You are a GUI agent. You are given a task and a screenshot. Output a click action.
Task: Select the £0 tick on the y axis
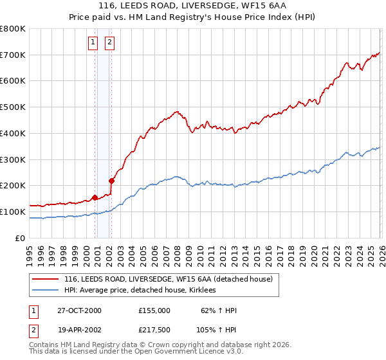(x=21, y=238)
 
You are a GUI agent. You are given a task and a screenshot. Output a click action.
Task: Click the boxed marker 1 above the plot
(x=94, y=43)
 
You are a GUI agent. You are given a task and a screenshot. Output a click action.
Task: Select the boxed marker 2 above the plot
(x=110, y=43)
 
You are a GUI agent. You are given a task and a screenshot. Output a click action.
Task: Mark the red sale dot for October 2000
(x=95, y=197)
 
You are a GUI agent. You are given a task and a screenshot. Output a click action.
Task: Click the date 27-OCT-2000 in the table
(x=79, y=310)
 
